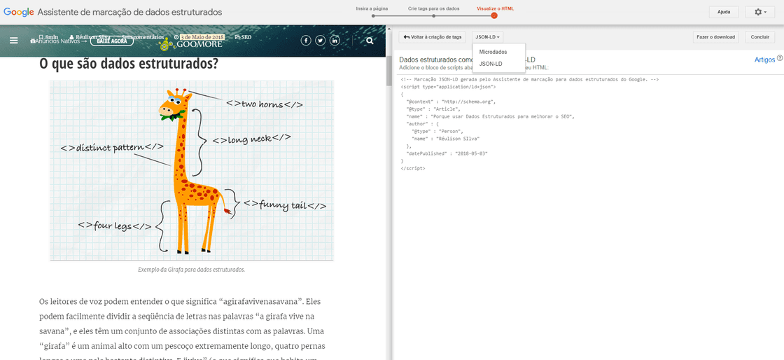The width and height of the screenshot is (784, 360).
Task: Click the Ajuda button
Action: pyautogui.click(x=723, y=12)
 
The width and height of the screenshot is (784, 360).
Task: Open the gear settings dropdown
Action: pyautogui.click(x=760, y=12)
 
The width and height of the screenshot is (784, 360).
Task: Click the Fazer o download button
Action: pyautogui.click(x=715, y=36)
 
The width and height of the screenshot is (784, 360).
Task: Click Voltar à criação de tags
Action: pyautogui.click(x=433, y=36)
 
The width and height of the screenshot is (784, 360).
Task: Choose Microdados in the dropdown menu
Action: pyautogui.click(x=493, y=52)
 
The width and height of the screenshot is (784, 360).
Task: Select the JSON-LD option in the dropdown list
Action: pyautogui.click(x=490, y=64)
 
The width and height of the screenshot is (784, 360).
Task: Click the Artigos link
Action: pyautogui.click(x=764, y=60)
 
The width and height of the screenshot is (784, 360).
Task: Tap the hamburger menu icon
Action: pyautogui.click(x=13, y=41)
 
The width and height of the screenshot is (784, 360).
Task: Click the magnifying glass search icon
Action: pyautogui.click(x=370, y=41)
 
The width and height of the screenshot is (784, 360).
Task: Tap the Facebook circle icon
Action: pyautogui.click(x=305, y=41)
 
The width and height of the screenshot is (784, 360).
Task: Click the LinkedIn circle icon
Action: pyautogui.click(x=335, y=41)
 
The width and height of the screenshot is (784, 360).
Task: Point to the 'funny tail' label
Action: pyautogui.click(x=284, y=205)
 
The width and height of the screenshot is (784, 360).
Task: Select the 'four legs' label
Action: pyautogui.click(x=114, y=226)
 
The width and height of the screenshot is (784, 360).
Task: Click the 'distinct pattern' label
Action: pyautogui.click(x=112, y=147)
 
